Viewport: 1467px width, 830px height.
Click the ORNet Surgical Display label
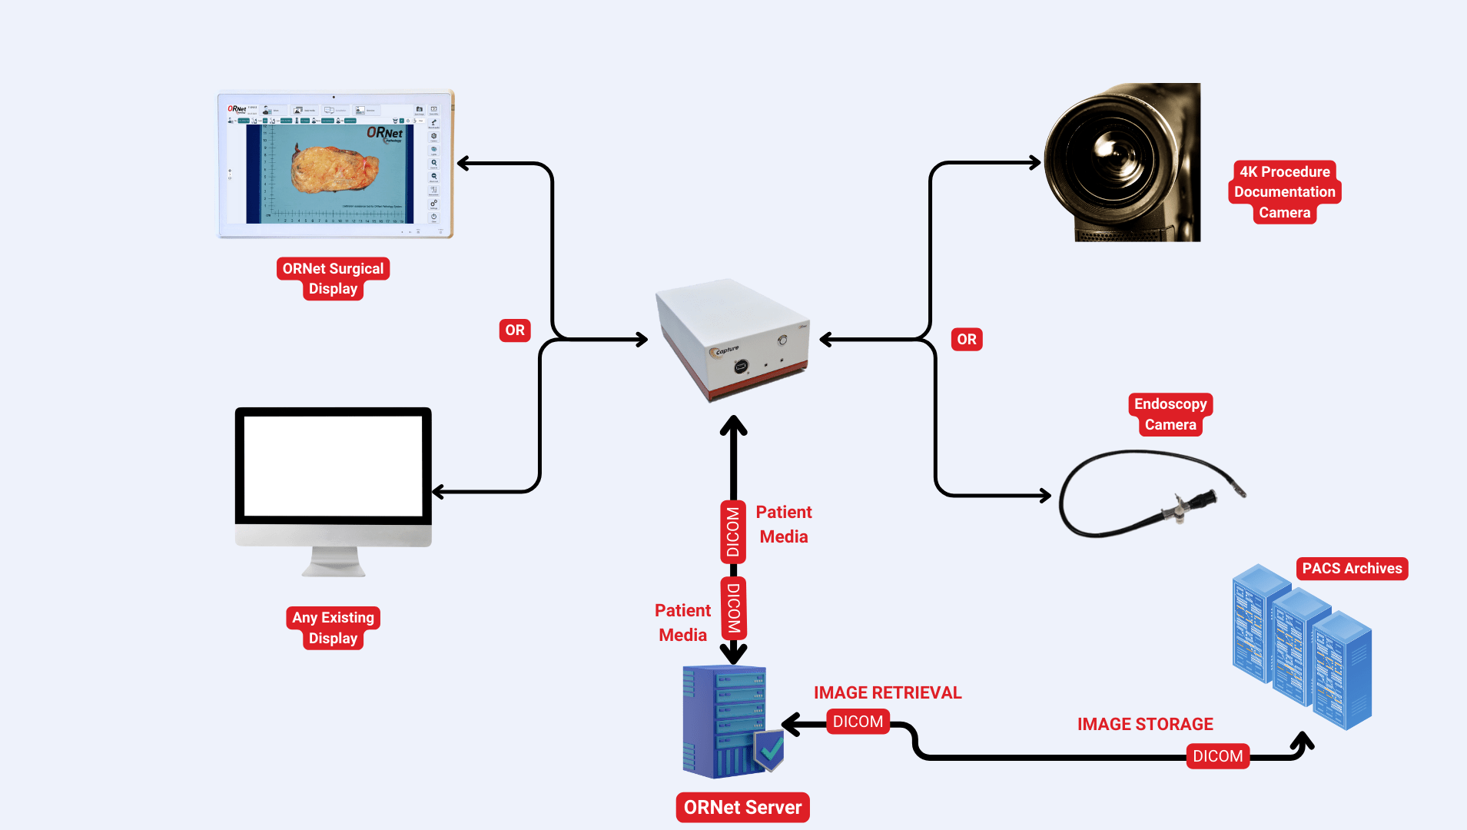333,278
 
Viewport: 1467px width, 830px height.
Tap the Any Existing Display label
333,628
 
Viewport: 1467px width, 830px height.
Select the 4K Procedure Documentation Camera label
1284,192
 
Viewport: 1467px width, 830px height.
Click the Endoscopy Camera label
1170,414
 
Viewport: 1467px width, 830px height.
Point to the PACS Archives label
1351,569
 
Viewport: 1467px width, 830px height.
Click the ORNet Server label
742,807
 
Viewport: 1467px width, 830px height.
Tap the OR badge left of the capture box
515,330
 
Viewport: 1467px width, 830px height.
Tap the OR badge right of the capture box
966,340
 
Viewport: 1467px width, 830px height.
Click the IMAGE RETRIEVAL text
887,692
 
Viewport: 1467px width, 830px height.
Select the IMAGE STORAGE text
1144,724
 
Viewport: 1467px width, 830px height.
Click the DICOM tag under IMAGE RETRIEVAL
858,722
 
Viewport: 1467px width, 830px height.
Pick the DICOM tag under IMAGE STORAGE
1217,756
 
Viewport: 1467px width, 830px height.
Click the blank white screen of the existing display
333,466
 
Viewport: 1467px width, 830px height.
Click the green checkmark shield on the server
769,749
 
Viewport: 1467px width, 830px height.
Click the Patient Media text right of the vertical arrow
783,524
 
